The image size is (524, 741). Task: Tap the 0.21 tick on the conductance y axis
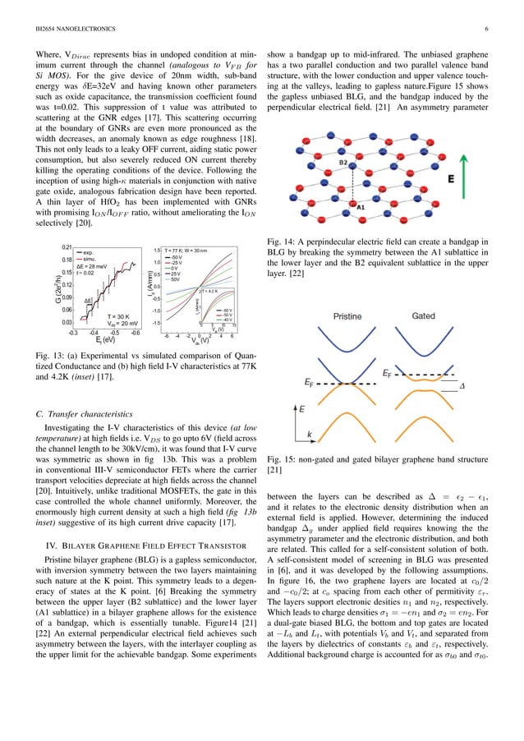pyautogui.click(x=67, y=246)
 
